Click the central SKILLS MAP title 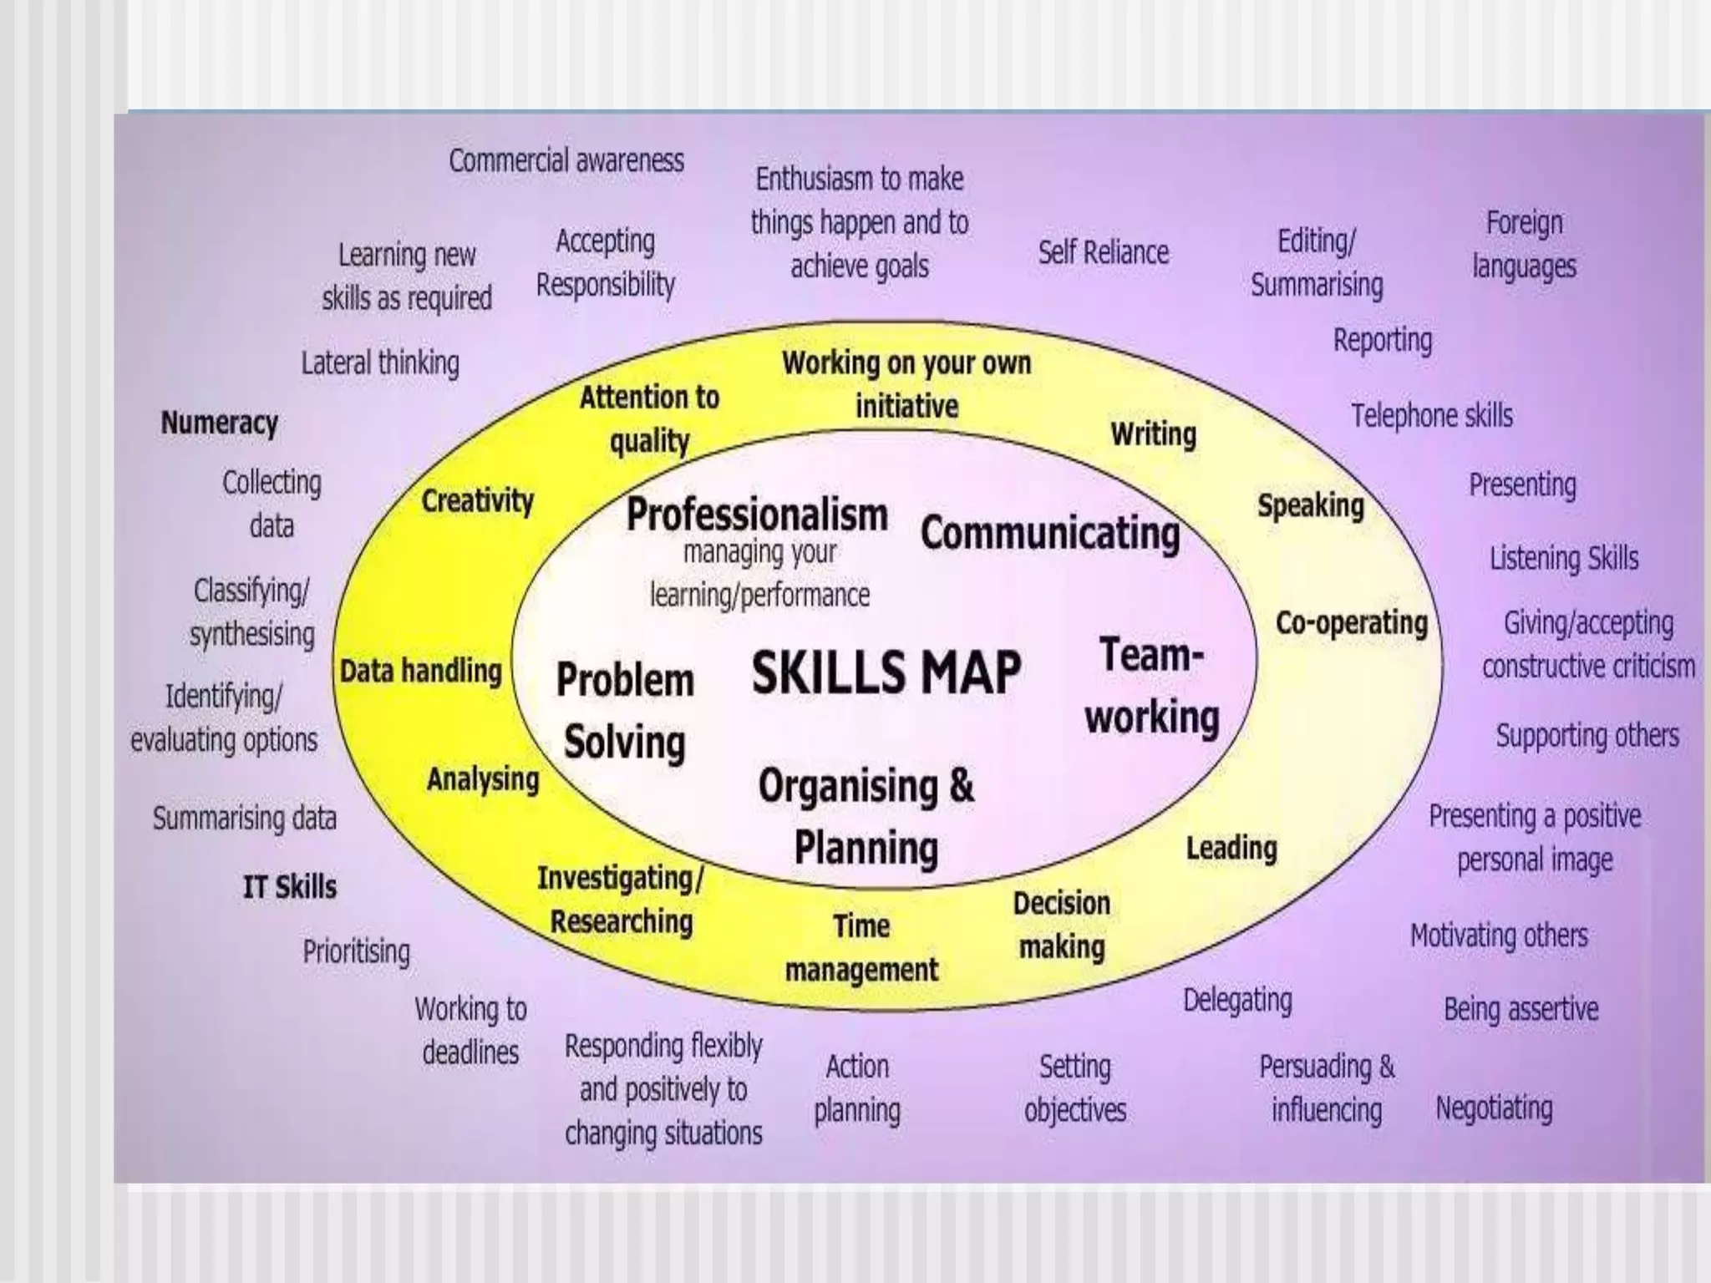click(886, 672)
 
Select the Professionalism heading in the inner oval click(757, 515)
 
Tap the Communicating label click(1050, 533)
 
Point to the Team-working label click(1152, 686)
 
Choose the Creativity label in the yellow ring click(477, 501)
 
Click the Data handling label click(420, 671)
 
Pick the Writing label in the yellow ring click(1153, 434)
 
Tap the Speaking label click(1310, 505)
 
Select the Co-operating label click(1351, 623)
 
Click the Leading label click(1231, 849)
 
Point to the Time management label click(861, 948)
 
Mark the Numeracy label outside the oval click(219, 423)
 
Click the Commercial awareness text click(566, 160)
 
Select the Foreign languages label click(1524, 245)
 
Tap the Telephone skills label click(1432, 415)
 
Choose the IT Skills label click(289, 886)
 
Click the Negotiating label click(1494, 1108)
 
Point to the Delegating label click(1237, 1000)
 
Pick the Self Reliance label click(1103, 252)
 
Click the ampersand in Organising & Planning click(962, 786)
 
